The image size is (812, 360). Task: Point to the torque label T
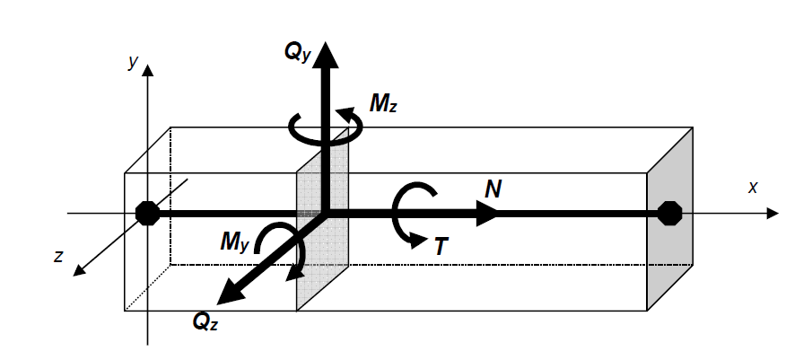[x=441, y=246]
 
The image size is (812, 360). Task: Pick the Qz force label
[x=205, y=321]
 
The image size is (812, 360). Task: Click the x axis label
[x=753, y=187]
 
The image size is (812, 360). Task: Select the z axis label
[x=58, y=256]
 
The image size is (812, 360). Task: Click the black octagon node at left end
[x=147, y=214]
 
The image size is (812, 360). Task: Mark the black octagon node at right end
[x=668, y=214]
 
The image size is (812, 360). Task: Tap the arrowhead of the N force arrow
[x=489, y=214]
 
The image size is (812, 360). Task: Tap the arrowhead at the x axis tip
[x=772, y=214]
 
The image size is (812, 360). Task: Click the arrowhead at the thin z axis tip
[x=79, y=271]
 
